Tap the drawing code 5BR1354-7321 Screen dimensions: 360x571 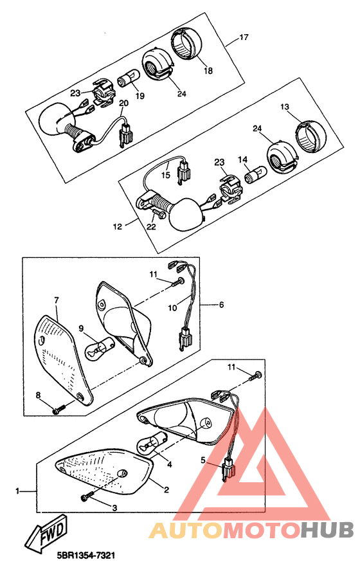pyautogui.click(x=86, y=556)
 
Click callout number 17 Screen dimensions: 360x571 pyautogui.click(x=244, y=37)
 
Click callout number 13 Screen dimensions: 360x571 pyautogui.click(x=285, y=107)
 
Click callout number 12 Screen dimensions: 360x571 pyautogui.click(x=117, y=226)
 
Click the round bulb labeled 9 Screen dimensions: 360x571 pyautogui.click(x=100, y=348)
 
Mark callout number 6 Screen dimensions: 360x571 pyautogui.click(x=221, y=304)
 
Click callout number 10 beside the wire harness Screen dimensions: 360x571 pyautogui.click(x=172, y=308)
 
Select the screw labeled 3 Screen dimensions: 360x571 pyautogui.click(x=87, y=496)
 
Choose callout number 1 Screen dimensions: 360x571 pyautogui.click(x=17, y=491)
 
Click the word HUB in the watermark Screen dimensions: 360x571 pyautogui.click(x=327, y=530)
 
